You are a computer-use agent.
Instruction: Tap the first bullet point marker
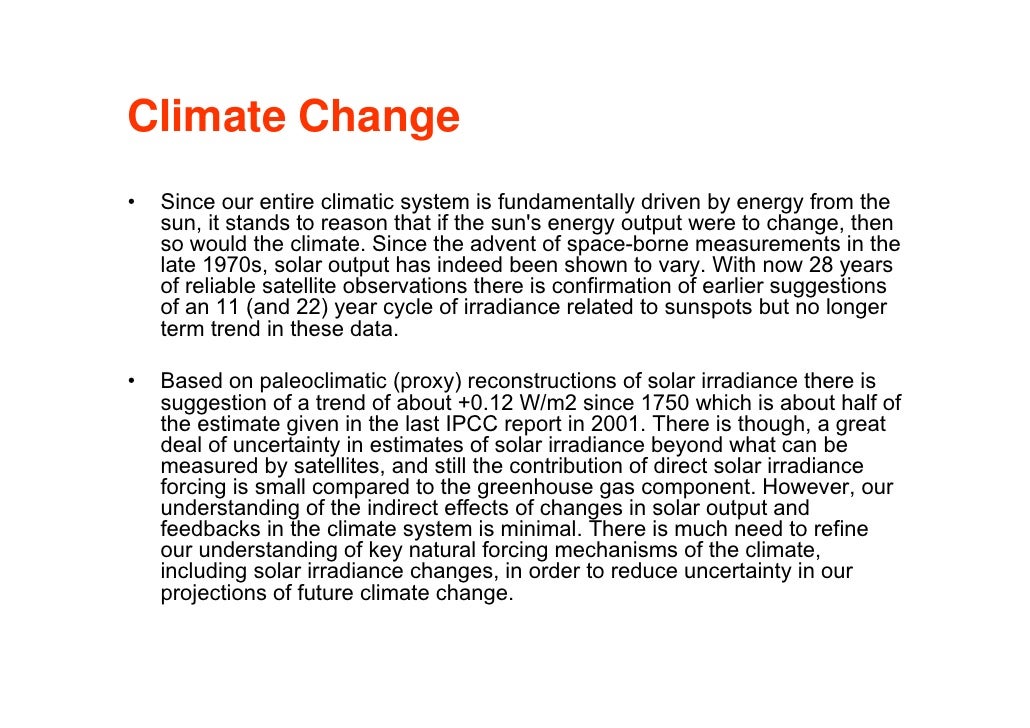click(131, 202)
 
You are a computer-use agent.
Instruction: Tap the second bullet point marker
click(131, 382)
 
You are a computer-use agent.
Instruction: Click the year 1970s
click(230, 266)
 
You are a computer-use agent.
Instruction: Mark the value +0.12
click(483, 403)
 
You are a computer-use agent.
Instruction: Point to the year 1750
click(666, 403)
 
